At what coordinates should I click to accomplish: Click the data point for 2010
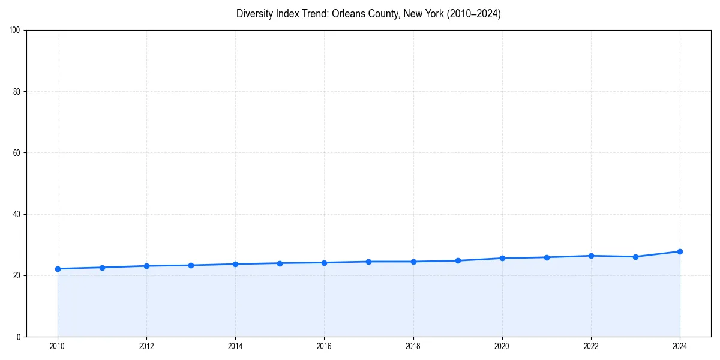[x=58, y=269]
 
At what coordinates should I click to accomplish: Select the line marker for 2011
[x=102, y=268]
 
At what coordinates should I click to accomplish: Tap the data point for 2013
[x=191, y=265]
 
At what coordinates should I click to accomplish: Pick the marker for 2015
[x=280, y=263]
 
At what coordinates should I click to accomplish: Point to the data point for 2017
[x=368, y=262]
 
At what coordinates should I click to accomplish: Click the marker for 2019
[x=458, y=260]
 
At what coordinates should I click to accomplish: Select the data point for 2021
[x=547, y=257]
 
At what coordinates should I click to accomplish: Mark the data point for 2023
[x=635, y=257]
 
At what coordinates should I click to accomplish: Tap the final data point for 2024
[x=680, y=251]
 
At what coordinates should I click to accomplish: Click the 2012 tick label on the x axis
[x=146, y=346]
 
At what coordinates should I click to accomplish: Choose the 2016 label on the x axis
[x=324, y=346]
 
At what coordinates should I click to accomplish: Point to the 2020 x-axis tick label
[x=502, y=346]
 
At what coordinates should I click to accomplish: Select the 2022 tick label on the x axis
[x=591, y=346]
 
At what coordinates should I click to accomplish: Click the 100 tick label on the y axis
[x=15, y=31]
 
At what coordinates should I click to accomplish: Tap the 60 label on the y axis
[x=17, y=153]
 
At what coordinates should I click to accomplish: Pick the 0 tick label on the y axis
[x=19, y=337]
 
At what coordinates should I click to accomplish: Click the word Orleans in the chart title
[x=347, y=14]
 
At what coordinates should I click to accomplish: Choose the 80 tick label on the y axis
[x=17, y=92]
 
